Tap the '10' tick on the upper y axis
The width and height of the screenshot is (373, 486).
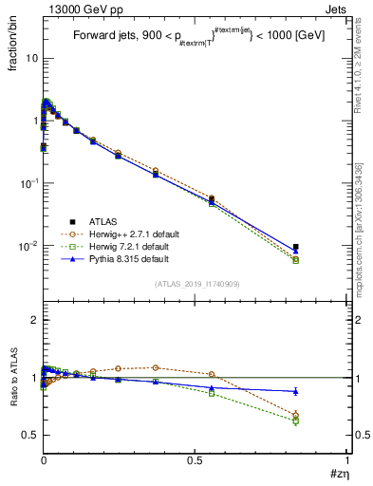(30, 58)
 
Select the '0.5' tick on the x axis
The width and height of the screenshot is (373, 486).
(196, 461)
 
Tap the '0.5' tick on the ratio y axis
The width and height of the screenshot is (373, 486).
(29, 435)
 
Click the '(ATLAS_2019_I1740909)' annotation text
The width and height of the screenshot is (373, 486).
(196, 284)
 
